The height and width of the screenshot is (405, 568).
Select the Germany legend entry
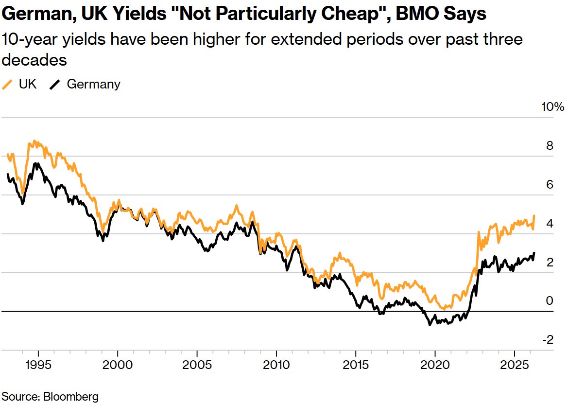click(x=85, y=84)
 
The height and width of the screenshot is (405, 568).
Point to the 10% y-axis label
click(x=553, y=107)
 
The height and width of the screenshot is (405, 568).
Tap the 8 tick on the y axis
click(x=549, y=146)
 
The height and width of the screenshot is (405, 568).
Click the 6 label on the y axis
click(x=549, y=185)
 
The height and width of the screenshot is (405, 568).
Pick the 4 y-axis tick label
click(x=549, y=224)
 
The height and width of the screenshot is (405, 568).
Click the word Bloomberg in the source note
click(x=71, y=396)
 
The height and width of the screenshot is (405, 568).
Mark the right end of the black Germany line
click(x=534, y=253)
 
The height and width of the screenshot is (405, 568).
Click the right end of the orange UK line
click(x=534, y=215)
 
